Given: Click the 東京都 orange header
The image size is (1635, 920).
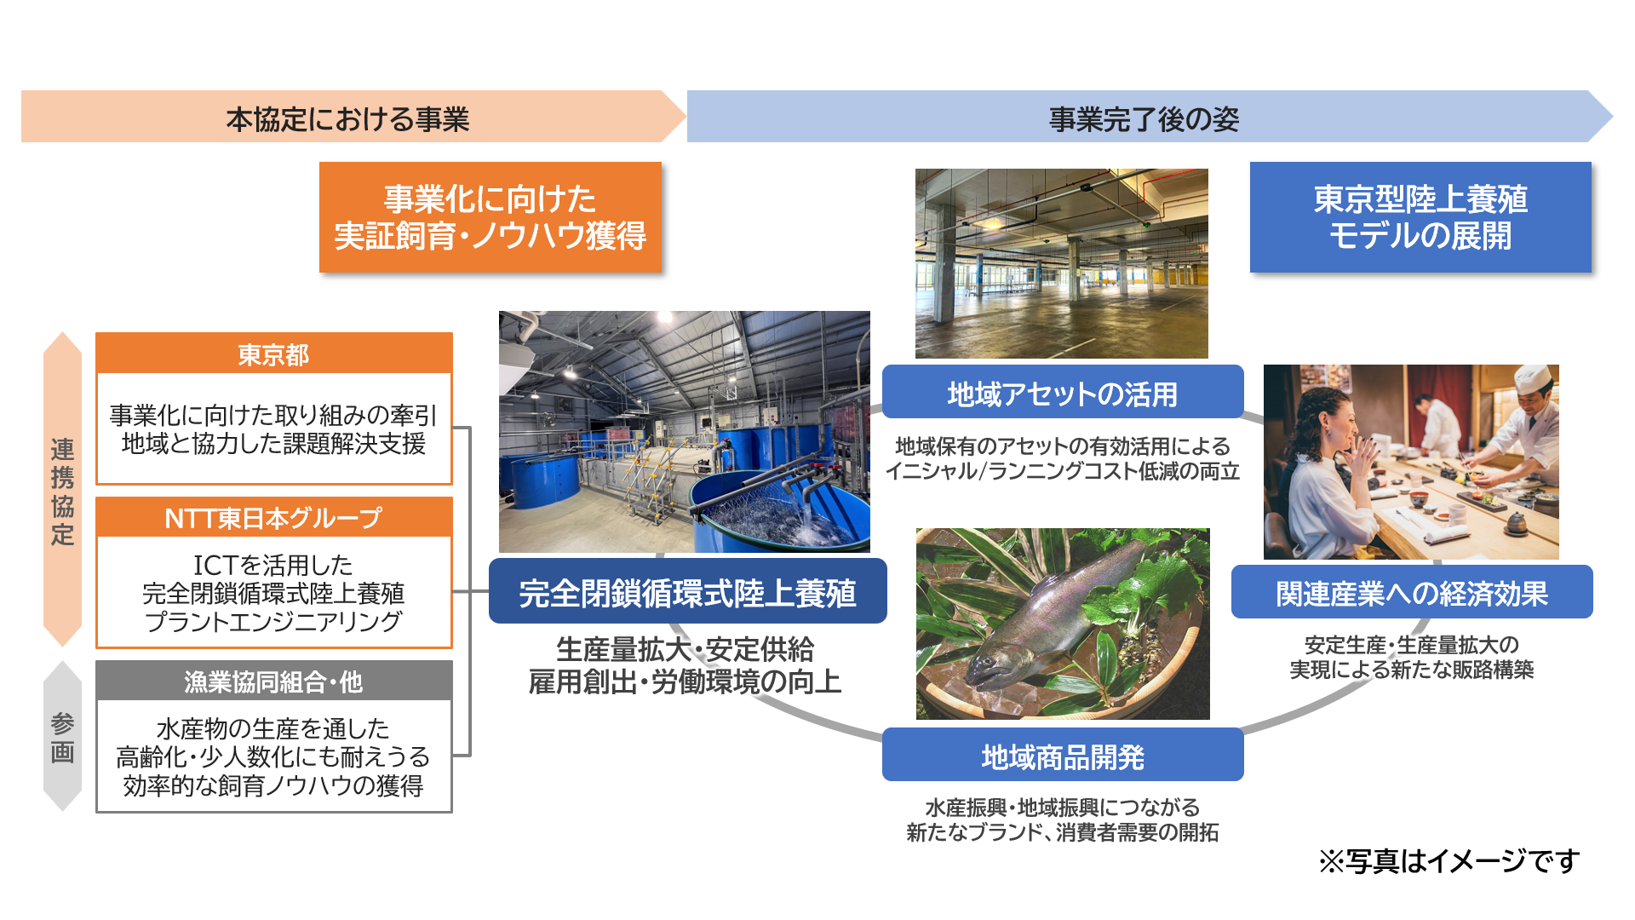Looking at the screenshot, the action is coord(273,354).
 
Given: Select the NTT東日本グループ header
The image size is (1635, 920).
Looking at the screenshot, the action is coord(273,517).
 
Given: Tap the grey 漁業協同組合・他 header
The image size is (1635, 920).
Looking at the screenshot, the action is coord(273,681).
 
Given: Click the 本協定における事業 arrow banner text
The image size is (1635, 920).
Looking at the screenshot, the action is coord(347,118).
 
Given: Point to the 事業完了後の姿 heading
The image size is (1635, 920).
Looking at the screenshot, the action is coord(1144,118).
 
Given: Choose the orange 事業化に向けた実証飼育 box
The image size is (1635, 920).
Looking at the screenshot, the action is coord(490,217).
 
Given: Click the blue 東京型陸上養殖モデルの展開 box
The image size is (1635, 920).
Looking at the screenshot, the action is coord(1420,217).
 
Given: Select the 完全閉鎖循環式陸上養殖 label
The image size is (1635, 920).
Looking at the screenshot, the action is coord(688,591).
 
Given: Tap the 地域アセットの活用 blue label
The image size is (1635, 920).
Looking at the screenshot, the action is coord(1063,393).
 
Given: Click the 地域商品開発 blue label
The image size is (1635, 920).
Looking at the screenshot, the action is coord(1063,755).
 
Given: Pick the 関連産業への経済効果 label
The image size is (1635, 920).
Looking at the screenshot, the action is coord(1412,592).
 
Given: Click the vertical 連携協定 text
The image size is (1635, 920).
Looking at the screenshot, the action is coord(62,491).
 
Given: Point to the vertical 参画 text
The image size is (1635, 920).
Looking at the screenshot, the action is coord(62,738).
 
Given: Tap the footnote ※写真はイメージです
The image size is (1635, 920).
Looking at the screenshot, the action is coord(1449,860).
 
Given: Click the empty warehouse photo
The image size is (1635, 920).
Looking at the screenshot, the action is coord(1062,263).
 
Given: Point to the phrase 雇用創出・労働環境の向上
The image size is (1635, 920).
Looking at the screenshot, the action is coord(686,681).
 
